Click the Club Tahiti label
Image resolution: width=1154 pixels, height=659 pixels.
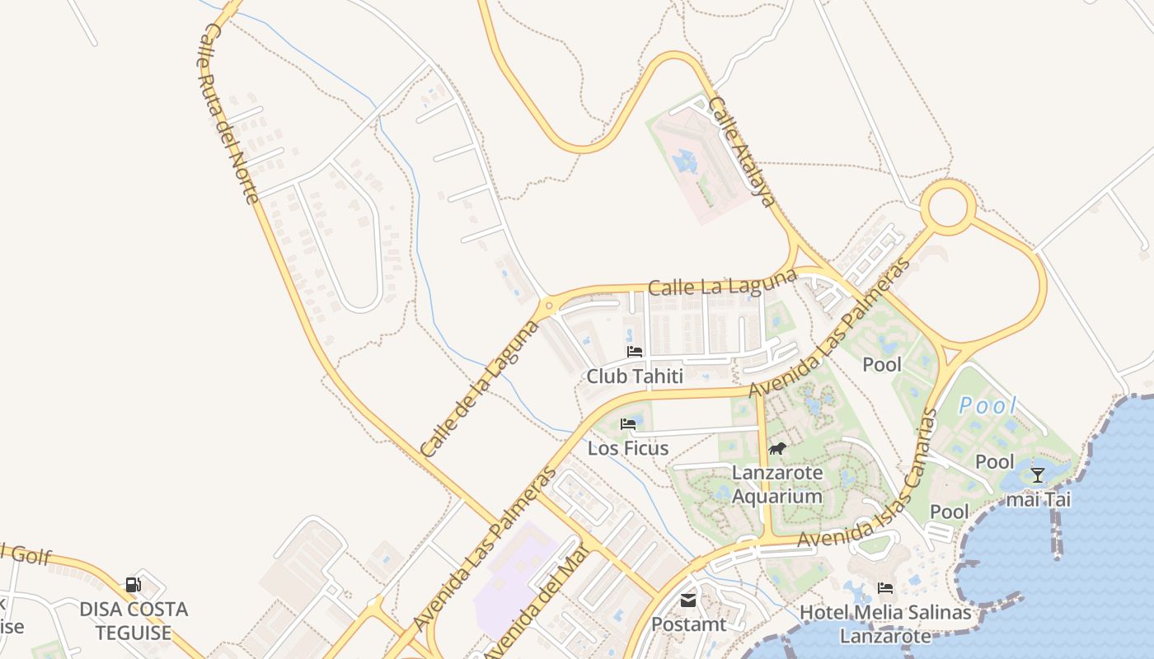click(x=635, y=376)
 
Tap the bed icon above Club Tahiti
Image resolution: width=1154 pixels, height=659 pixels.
click(x=635, y=352)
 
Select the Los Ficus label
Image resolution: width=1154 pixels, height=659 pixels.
click(x=628, y=449)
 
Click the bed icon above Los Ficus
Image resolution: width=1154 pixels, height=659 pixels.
click(x=628, y=424)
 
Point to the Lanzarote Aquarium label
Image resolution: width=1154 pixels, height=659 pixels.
click(x=777, y=484)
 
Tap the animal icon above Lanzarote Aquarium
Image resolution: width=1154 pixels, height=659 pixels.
click(x=777, y=449)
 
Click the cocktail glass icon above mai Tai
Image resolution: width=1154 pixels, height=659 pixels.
click(x=1038, y=475)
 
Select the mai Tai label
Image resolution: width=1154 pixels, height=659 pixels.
click(x=1038, y=499)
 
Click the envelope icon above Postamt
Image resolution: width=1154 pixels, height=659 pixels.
click(x=688, y=601)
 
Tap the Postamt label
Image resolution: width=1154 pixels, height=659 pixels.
click(x=689, y=624)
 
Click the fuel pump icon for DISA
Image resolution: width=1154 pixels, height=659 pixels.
click(x=134, y=586)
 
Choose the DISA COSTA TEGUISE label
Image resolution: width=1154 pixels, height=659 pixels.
click(x=134, y=621)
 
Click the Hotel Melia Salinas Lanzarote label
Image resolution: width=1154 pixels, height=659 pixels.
click(x=885, y=624)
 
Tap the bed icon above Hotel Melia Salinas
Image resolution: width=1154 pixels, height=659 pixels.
click(x=885, y=588)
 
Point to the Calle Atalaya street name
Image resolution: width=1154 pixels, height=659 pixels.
click(x=742, y=152)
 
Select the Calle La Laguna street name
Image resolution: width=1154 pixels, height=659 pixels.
click(x=722, y=283)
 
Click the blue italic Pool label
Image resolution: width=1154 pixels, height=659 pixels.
click(x=988, y=405)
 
